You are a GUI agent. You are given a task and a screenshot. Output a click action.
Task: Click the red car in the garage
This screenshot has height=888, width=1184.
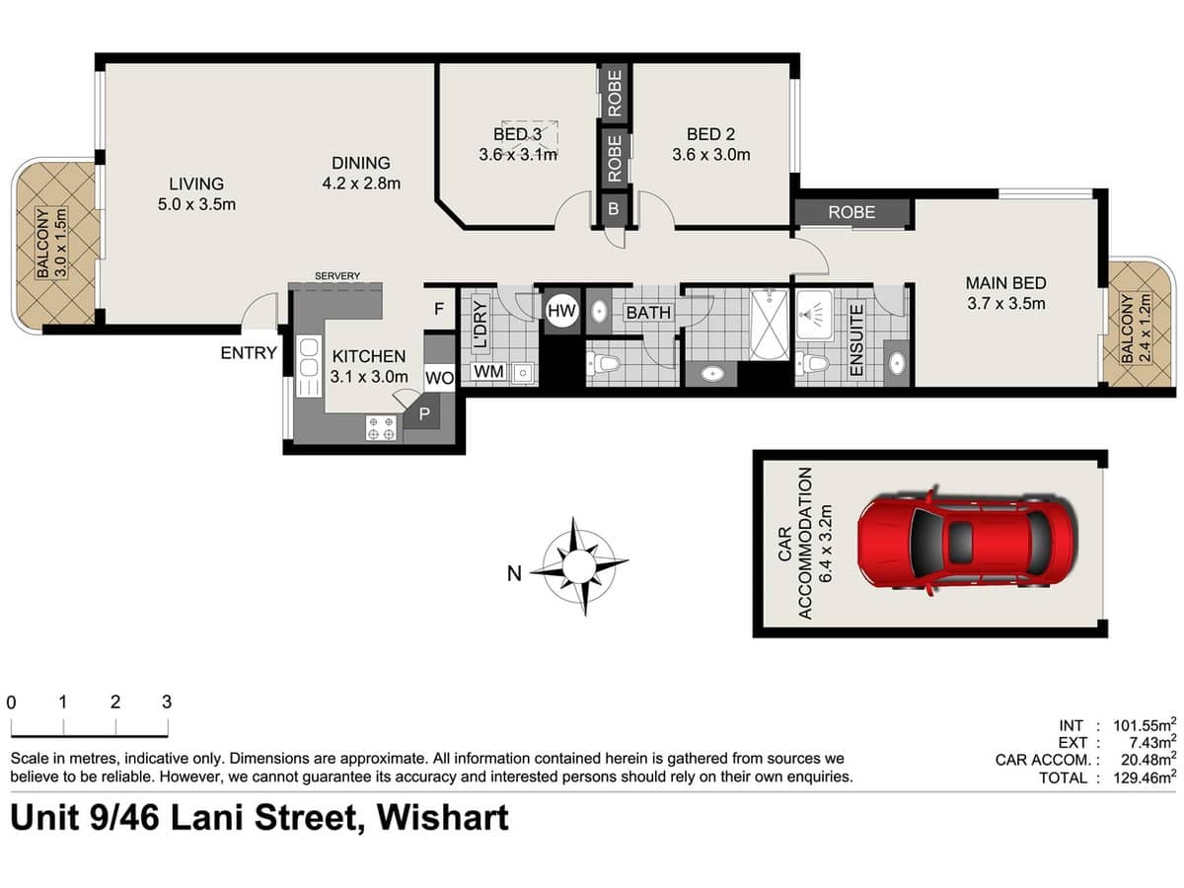click(x=964, y=540)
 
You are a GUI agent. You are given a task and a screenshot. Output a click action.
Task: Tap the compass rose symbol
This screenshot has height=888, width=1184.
click(x=579, y=566)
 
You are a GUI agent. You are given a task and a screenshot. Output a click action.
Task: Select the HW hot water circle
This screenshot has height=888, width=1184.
click(x=560, y=312)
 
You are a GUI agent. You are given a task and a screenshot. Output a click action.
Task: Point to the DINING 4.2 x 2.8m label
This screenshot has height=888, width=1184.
click(x=360, y=173)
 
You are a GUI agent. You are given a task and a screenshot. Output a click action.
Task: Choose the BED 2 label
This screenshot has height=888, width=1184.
click(x=711, y=144)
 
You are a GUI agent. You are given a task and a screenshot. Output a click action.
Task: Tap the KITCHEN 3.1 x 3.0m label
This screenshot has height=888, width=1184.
click(x=369, y=366)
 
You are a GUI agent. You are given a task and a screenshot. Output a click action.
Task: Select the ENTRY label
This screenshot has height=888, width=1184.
click(x=249, y=352)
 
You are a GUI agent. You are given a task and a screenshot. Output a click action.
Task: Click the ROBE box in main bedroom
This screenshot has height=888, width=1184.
click(x=851, y=212)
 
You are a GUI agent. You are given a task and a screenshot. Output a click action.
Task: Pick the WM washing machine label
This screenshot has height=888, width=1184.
click(x=487, y=372)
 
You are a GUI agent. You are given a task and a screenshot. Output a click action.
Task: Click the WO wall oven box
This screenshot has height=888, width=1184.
click(x=439, y=378)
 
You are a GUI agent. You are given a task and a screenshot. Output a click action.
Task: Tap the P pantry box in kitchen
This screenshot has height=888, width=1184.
click(x=425, y=414)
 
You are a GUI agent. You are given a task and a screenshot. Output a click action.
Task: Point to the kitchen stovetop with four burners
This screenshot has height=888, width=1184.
click(x=382, y=427)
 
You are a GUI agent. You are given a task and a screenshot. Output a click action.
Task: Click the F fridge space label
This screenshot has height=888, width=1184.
click(x=439, y=309)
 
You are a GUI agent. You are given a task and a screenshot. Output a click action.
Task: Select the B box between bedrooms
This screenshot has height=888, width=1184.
click(x=613, y=208)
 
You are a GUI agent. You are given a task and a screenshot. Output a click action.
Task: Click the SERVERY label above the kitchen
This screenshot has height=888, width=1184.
click(x=336, y=275)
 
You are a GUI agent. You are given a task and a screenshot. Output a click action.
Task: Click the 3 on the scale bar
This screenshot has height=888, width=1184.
click(x=167, y=703)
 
